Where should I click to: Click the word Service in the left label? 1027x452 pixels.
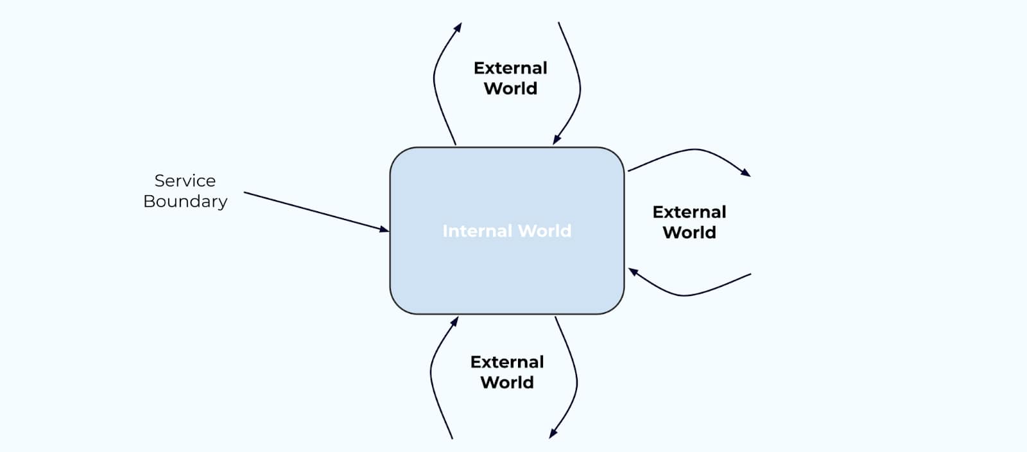click(185, 180)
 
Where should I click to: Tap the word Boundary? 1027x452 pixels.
click(185, 202)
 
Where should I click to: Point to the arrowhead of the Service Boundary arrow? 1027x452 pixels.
click(385, 229)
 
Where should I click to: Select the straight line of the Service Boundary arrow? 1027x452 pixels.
click(315, 211)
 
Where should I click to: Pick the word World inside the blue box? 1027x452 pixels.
click(544, 231)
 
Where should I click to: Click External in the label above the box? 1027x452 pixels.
click(510, 68)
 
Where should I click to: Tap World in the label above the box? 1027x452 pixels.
click(510, 89)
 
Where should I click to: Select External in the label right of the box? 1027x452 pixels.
click(689, 212)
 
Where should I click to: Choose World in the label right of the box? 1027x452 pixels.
click(689, 232)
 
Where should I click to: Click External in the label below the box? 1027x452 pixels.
click(507, 362)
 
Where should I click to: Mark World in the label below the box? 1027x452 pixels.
click(507, 383)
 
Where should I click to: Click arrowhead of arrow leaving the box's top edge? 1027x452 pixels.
click(459, 27)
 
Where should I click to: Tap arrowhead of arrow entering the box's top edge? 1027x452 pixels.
click(556, 140)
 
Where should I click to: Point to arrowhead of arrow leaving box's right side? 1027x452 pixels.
click(747, 173)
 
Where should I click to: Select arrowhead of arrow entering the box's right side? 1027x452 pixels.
click(632, 272)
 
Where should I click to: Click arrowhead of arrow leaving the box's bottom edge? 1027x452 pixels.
click(552, 434)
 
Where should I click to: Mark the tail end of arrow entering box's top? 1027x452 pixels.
click(559, 24)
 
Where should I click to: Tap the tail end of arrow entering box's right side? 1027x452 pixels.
click(750, 275)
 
